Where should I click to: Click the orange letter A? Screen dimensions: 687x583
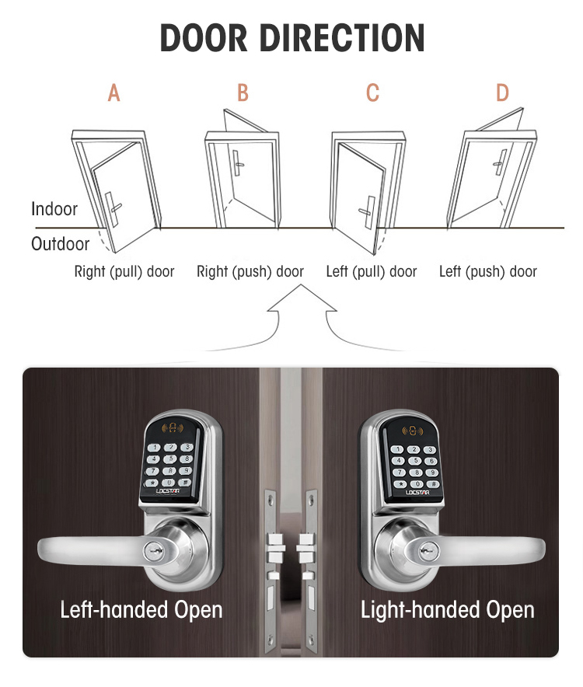(114, 94)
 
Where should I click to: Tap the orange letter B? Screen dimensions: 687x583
(243, 94)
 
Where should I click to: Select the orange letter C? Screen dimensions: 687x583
(372, 94)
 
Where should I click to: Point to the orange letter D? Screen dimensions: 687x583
(502, 94)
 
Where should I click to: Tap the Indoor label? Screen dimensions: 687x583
(54, 209)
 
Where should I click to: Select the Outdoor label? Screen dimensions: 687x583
(60, 244)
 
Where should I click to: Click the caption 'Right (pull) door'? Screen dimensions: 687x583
(124, 272)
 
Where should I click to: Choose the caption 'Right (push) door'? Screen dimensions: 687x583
(250, 272)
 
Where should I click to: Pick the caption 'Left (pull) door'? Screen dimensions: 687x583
(372, 272)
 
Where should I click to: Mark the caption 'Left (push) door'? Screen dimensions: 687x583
(488, 272)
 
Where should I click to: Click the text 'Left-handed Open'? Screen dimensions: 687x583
(141, 609)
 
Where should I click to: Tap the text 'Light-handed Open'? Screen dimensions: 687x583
(448, 609)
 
